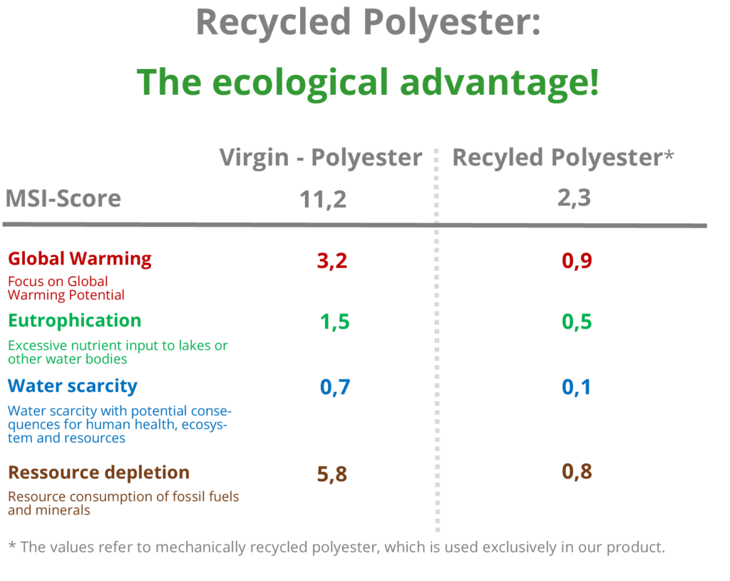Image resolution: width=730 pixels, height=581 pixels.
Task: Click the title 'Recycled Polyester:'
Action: tap(368, 22)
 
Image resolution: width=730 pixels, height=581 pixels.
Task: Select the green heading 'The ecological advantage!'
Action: tap(368, 83)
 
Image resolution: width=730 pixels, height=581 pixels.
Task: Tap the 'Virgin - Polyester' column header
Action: tap(320, 158)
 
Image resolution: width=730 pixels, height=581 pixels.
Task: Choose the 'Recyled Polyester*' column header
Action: tap(562, 158)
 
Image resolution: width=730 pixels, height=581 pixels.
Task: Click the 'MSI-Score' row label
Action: tap(63, 198)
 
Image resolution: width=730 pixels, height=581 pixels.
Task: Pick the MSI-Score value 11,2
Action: tap(323, 200)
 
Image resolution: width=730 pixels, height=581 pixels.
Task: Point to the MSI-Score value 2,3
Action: tap(574, 197)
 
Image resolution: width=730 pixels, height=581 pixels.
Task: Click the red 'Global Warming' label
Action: tap(80, 259)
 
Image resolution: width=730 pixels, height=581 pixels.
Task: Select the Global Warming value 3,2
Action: tap(331, 261)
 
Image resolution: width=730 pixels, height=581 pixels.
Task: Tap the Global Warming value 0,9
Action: tap(577, 261)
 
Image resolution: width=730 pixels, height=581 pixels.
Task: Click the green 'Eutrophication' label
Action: tap(74, 320)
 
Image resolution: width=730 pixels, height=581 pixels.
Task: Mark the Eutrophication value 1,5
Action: tap(334, 322)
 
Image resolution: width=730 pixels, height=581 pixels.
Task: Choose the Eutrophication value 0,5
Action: tap(577, 322)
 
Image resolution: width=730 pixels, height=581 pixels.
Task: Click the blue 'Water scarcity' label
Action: tap(73, 386)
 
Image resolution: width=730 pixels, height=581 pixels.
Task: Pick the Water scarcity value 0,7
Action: tap(334, 388)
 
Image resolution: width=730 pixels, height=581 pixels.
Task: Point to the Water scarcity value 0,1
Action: tap(576, 388)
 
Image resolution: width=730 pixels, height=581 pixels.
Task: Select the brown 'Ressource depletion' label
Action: tap(98, 473)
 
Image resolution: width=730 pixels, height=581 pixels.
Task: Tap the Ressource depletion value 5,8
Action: tap(331, 473)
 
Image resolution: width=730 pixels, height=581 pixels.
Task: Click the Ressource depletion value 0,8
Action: tap(577, 472)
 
